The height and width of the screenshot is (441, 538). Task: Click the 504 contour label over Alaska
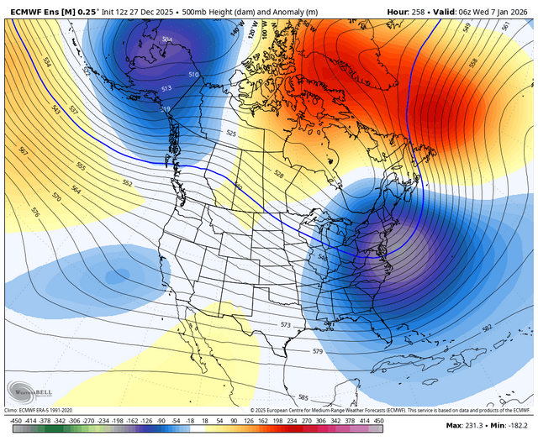coord(166,39)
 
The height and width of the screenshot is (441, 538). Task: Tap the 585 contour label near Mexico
coord(303,397)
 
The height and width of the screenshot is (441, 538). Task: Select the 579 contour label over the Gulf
coord(317,351)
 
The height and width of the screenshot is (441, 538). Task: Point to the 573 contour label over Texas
coord(286,324)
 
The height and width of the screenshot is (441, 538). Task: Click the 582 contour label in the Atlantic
coord(488,328)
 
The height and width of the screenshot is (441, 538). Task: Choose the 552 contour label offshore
coord(128,183)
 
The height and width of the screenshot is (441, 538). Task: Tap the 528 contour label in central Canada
coord(279,173)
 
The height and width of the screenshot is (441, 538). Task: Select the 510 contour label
coord(193,76)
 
